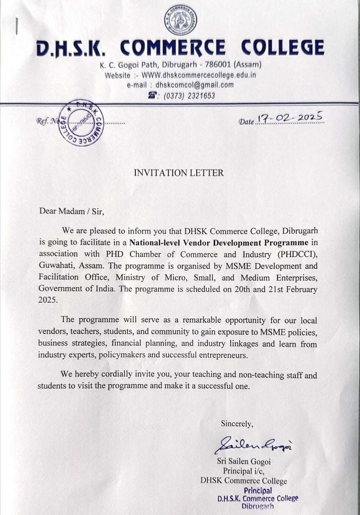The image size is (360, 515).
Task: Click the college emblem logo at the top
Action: (x=180, y=20)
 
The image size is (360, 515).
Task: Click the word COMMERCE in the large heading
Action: (x=173, y=47)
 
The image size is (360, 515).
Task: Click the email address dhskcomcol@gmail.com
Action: (x=194, y=85)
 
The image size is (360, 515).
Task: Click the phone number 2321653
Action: (x=200, y=96)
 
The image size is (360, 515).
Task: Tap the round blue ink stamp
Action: (x=81, y=122)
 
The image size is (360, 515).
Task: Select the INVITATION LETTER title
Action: (x=178, y=173)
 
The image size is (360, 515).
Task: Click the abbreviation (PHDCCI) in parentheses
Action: (x=297, y=254)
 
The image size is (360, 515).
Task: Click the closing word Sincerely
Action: (x=237, y=423)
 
